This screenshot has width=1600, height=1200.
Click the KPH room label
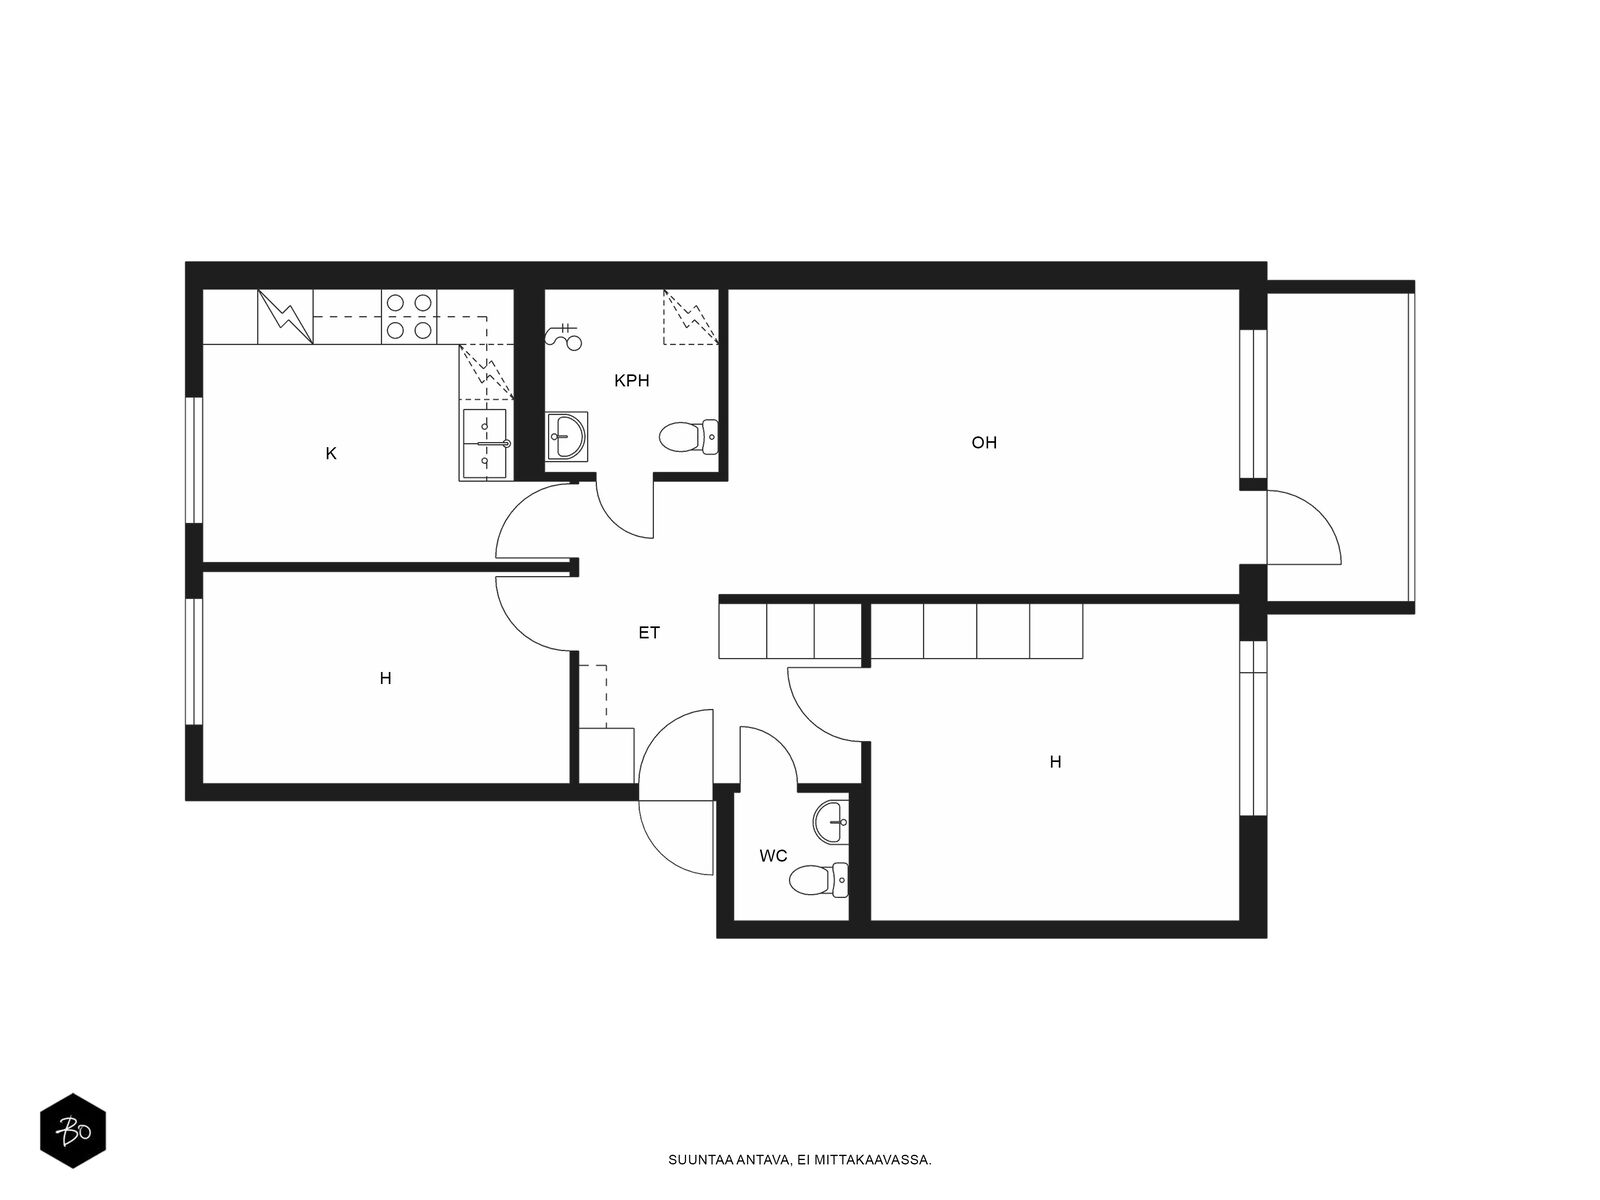[x=631, y=380]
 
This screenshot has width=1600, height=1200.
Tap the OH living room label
[x=984, y=442]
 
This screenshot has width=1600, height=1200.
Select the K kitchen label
[x=331, y=454]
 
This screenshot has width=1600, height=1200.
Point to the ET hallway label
[x=649, y=633]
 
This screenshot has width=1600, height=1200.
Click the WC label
[x=773, y=856]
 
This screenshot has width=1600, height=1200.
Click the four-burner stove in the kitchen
[x=409, y=316]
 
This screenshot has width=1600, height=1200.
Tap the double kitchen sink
[x=485, y=444]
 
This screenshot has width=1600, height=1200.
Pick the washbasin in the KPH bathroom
[x=566, y=436]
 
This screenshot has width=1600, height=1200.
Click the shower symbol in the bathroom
[x=564, y=337]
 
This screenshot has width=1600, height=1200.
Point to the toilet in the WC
[x=819, y=881]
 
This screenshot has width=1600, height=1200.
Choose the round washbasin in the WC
[x=831, y=822]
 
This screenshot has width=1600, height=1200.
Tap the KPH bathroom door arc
[x=617, y=519]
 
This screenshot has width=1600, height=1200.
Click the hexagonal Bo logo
[x=73, y=1131]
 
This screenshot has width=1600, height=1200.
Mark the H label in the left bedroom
[x=386, y=678]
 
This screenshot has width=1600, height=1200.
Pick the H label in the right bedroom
[x=1055, y=762]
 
